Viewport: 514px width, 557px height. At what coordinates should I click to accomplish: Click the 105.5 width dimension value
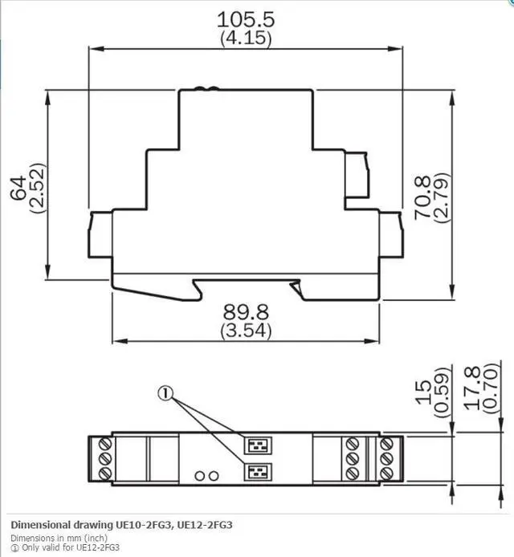coord(246,19)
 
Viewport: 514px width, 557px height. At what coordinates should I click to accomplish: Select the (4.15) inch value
coord(246,38)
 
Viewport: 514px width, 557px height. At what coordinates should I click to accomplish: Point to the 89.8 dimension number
coord(246,311)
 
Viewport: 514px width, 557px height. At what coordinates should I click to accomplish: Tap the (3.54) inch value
coord(246,330)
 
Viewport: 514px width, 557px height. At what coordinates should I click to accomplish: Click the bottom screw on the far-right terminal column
coord(390,473)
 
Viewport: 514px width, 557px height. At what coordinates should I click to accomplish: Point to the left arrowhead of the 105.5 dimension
coord(91,49)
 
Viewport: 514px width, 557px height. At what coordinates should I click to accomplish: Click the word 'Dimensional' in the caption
coord(39,525)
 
